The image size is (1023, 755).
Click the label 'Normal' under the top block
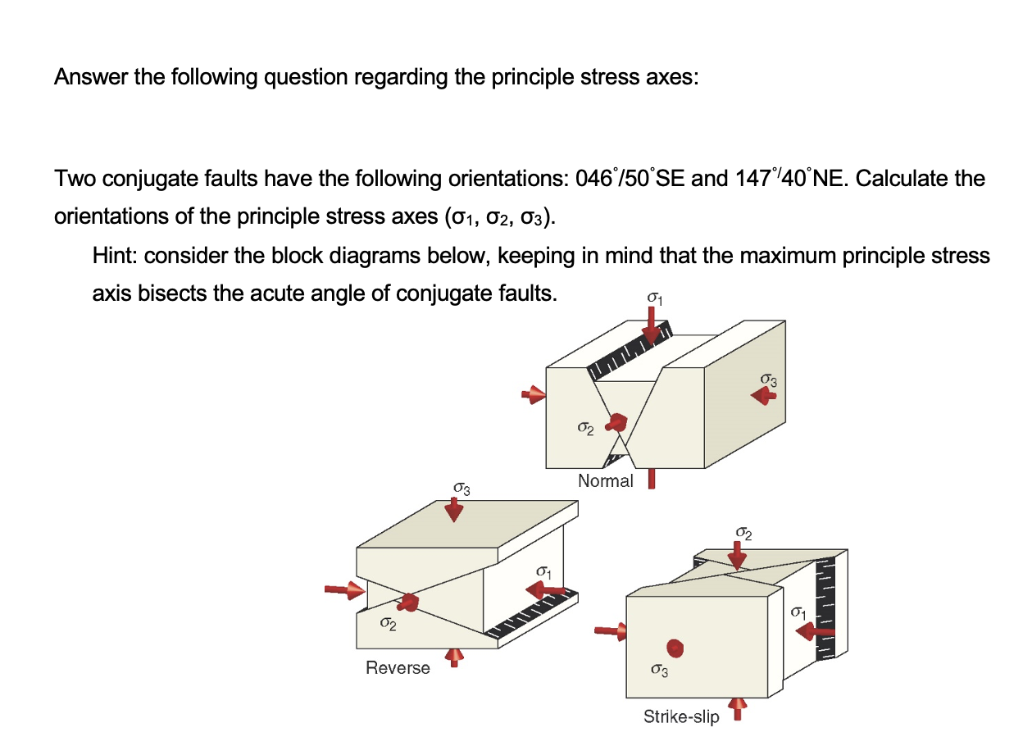click(x=605, y=481)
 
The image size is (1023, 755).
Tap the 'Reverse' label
click(x=398, y=667)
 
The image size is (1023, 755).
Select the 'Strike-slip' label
click(x=681, y=716)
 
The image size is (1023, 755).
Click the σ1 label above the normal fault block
click(x=654, y=300)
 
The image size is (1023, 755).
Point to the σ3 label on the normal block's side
click(x=767, y=380)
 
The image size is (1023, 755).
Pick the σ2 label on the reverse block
click(x=388, y=625)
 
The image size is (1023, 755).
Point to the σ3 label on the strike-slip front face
click(x=659, y=671)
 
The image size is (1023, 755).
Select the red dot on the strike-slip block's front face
click(x=674, y=648)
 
